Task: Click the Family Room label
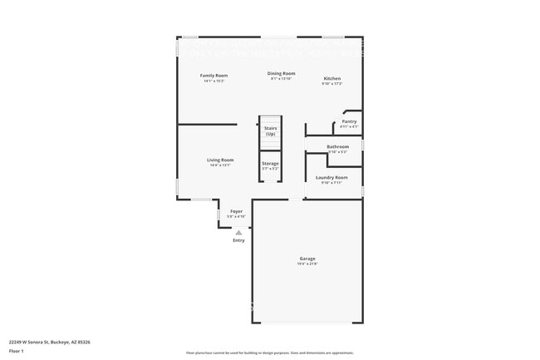point(214,76)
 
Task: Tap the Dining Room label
point(282,73)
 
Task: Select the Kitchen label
point(331,78)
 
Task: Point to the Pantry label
point(349,121)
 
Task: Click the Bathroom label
point(337,147)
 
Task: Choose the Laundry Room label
point(332,177)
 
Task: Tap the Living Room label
point(220,160)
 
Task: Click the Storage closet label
point(270,164)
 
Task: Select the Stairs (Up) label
point(270,131)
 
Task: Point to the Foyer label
point(237,211)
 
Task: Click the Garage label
point(307,259)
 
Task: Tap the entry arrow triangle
point(238,233)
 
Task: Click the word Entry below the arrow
point(238,240)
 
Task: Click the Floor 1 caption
point(17,351)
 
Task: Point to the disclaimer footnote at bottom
point(270,353)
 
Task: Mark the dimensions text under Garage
point(307,264)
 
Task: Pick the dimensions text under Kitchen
point(331,84)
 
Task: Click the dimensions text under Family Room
point(214,81)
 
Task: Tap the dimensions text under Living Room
point(220,165)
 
